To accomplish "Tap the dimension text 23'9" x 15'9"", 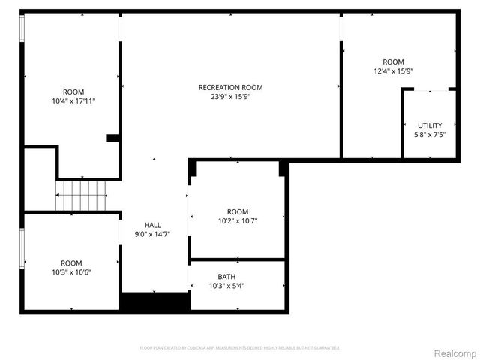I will coord(230,97).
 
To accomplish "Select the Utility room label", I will coord(430,125).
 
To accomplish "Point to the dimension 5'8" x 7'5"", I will coord(430,135).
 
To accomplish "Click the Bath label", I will coord(226,276).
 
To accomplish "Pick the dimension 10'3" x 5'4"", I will coord(226,286).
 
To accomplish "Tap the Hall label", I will coord(152,225).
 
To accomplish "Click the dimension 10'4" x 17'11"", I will coord(73,100).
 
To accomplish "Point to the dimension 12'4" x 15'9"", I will coord(394,71).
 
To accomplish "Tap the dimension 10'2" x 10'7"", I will coord(238,221).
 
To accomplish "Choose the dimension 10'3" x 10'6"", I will coord(72,272).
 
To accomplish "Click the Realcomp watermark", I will coord(456,352).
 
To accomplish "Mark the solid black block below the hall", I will coord(154,302).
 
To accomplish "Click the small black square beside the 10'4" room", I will coord(112,138).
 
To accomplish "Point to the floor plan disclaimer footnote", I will coord(240,348).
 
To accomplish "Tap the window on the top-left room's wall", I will coord(22,28).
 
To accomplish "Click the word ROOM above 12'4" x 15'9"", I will coord(393,61).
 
